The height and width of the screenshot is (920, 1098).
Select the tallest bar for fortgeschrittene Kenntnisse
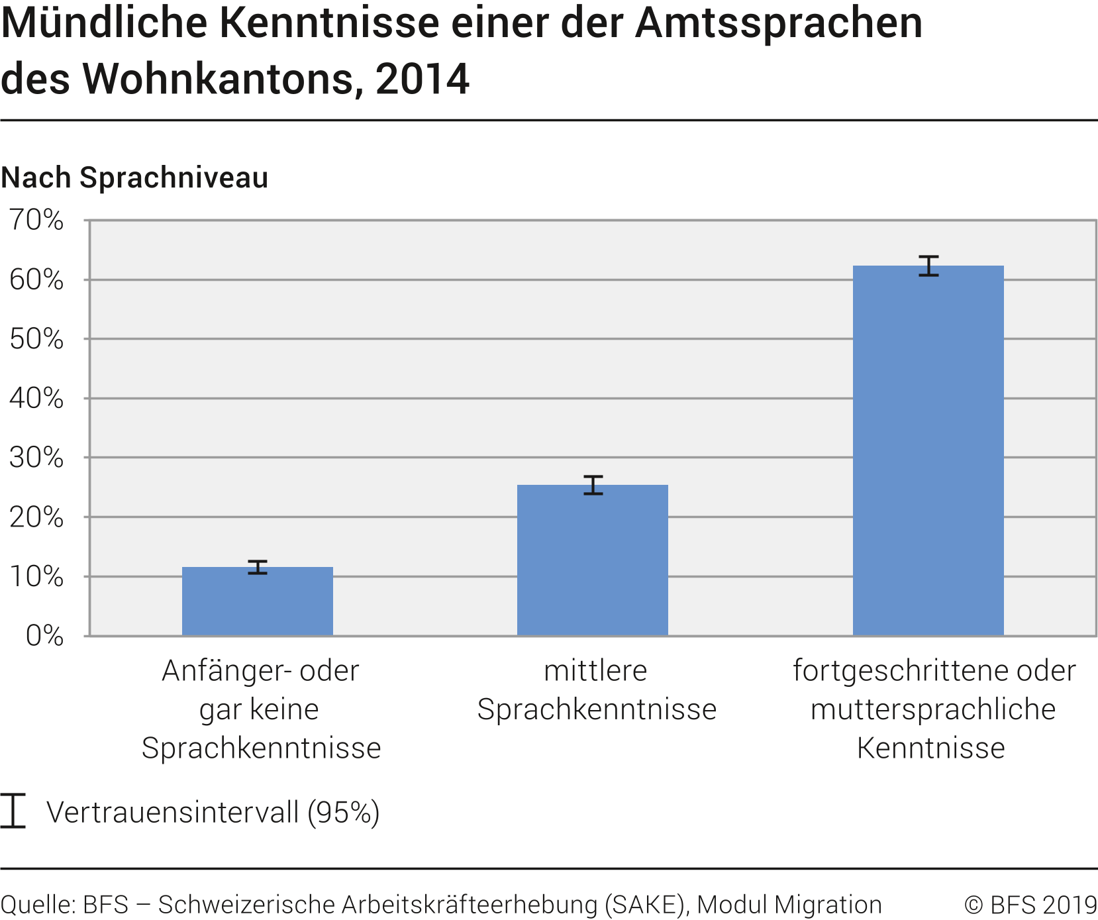[928, 450]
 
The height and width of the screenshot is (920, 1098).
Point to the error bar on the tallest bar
[928, 266]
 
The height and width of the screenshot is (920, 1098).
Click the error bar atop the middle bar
[593, 485]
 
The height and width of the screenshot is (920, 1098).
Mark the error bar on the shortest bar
[258, 567]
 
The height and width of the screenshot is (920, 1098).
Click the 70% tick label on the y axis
[36, 220]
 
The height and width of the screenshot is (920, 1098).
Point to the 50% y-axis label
[36, 339]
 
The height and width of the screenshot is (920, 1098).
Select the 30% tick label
[36, 458]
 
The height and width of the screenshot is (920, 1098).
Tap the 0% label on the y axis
[44, 636]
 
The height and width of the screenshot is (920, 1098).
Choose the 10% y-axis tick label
[36, 577]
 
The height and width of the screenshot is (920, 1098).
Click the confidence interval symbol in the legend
[13, 811]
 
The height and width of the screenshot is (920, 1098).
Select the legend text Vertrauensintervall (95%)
[213, 812]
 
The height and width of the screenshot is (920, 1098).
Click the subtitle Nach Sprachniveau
[134, 178]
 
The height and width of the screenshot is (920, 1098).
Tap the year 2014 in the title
[422, 79]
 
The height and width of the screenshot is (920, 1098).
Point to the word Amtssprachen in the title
[778, 23]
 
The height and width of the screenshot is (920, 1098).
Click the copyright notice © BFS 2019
[1030, 905]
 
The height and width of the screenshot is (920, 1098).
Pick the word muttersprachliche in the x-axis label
[932, 709]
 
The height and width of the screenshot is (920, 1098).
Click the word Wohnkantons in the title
[223, 79]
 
